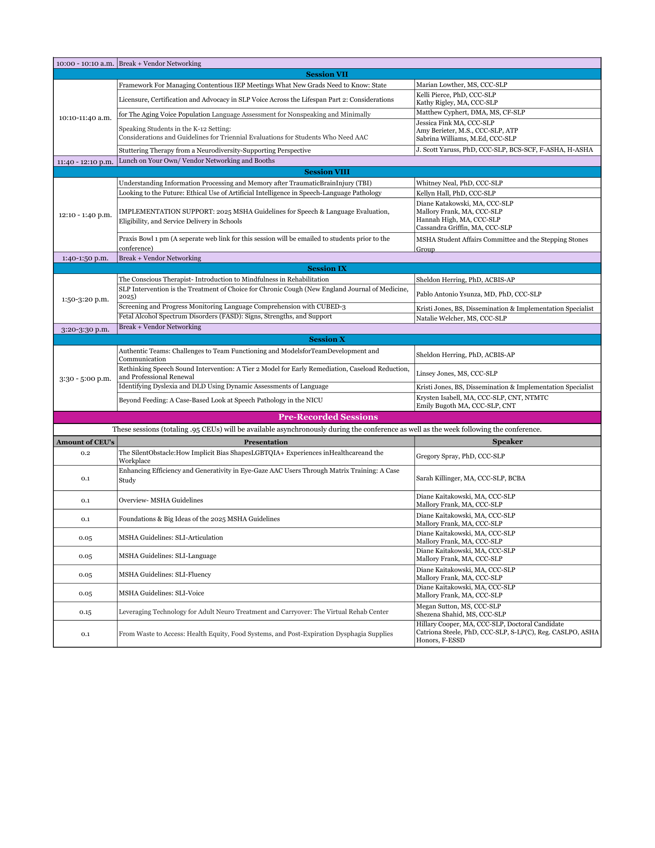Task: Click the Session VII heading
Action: click(x=327, y=74)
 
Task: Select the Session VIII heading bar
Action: click(x=327, y=172)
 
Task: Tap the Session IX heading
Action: click(x=327, y=268)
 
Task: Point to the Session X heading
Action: click(x=327, y=339)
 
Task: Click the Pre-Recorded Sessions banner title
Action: click(x=328, y=417)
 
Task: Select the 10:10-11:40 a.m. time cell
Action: click(x=85, y=117)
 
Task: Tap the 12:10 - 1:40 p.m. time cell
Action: click(x=85, y=215)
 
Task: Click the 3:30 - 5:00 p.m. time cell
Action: click(x=85, y=378)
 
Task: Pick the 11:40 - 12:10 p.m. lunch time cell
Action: click(x=85, y=162)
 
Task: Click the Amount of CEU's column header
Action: click(x=85, y=442)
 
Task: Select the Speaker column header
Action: click(x=507, y=441)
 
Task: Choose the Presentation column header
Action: click(x=266, y=442)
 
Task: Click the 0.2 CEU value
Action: click(x=85, y=453)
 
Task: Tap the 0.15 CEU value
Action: click(x=85, y=612)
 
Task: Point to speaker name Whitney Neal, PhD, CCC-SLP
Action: click(x=459, y=183)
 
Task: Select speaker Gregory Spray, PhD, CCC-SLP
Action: click(x=460, y=456)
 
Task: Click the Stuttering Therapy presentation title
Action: click(x=215, y=151)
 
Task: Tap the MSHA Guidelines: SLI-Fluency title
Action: click(x=165, y=575)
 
